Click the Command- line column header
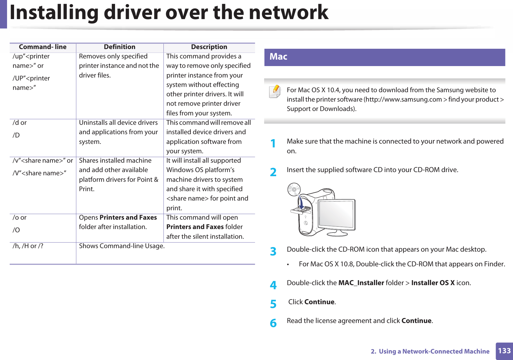tap(43, 47)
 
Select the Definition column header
tap(119, 47)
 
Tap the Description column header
tap(209, 47)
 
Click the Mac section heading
tap(278, 57)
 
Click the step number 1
tap(273, 144)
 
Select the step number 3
tap(273, 252)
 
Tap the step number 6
tap(273, 323)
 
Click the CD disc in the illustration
tap(294, 189)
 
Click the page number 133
tap(504, 351)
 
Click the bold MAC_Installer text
tap(361, 283)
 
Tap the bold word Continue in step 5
tap(319, 302)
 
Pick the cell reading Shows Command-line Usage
tap(122, 246)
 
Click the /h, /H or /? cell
tap(28, 246)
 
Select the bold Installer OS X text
tap(433, 283)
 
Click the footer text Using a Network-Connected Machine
tap(434, 351)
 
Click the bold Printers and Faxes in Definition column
tap(128, 218)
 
